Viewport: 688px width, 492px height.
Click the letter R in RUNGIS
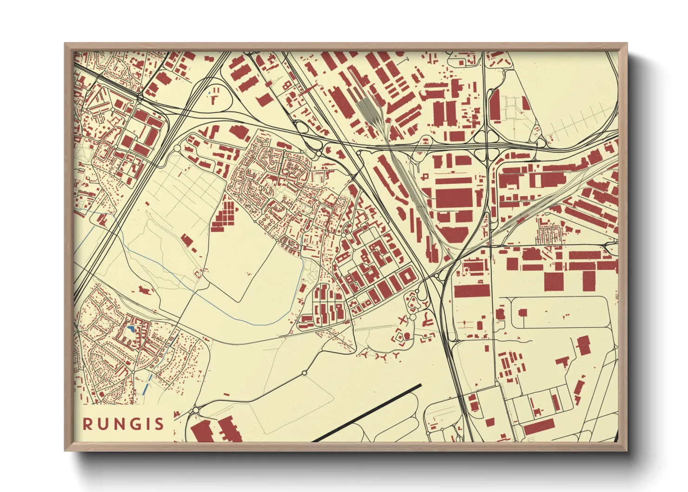[88, 424]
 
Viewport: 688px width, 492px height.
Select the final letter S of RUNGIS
[159, 424]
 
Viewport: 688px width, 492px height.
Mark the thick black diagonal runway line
[367, 413]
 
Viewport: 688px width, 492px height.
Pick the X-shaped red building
[403, 319]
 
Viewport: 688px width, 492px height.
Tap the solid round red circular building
[407, 336]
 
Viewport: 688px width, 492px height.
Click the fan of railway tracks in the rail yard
[370, 112]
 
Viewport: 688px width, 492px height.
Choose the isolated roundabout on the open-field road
[304, 373]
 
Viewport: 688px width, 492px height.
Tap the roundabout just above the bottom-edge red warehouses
[196, 410]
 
